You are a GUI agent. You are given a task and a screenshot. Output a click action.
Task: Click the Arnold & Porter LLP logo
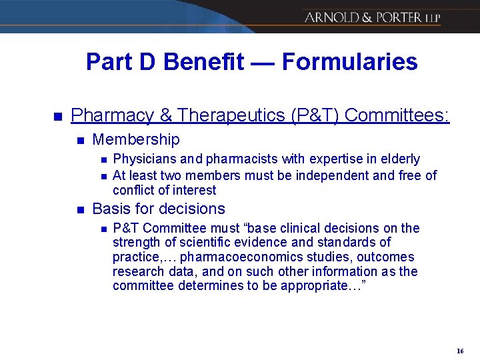372,18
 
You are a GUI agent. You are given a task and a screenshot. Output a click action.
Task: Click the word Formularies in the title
350,62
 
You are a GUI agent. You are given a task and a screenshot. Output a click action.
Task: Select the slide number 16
460,351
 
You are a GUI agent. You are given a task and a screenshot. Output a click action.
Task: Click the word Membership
136,139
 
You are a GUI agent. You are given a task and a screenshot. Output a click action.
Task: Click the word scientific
192,242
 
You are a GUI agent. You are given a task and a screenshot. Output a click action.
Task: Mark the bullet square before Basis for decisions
80,210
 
